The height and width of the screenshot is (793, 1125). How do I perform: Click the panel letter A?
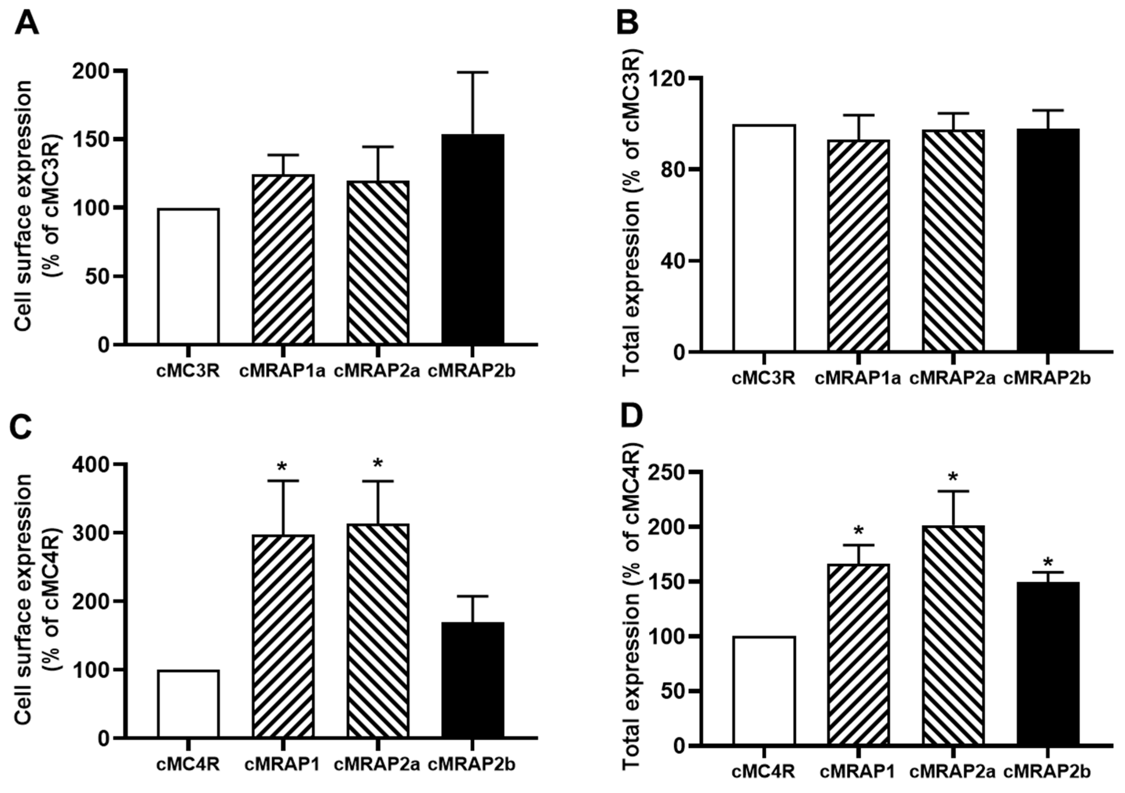click(27, 23)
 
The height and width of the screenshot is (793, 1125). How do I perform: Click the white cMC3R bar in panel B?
click(764, 238)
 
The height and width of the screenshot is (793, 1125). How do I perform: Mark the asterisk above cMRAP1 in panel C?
click(282, 467)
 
